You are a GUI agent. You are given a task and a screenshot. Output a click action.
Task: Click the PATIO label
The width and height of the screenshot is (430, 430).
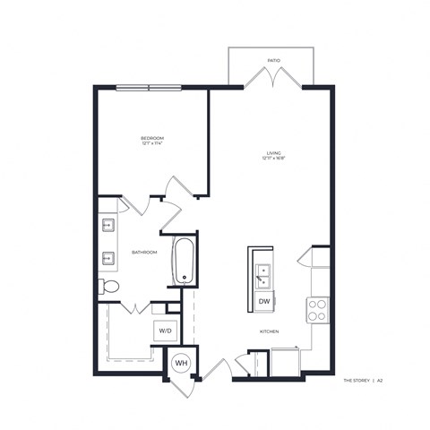pos(274,61)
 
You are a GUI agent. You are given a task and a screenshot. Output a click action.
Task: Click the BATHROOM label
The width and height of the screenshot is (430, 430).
pos(144,253)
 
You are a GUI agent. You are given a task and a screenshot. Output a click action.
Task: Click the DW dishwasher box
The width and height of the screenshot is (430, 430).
pos(265,302)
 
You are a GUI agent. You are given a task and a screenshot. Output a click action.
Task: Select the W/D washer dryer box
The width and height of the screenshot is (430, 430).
pos(167,331)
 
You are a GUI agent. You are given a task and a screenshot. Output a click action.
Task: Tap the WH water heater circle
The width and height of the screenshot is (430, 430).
pos(180,363)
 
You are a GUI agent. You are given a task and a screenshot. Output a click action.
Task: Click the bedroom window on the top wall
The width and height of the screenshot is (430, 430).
pos(148,87)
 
